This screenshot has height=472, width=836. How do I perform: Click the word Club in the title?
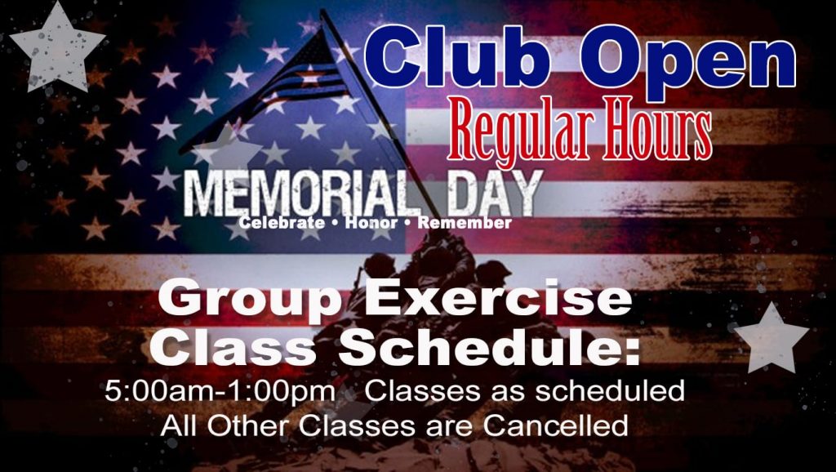click(457, 56)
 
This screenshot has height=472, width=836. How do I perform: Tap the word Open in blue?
click(688, 61)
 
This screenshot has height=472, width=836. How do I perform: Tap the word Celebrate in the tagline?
click(282, 222)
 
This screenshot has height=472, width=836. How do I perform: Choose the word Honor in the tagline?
click(371, 222)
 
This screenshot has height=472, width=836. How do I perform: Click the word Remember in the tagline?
click(465, 222)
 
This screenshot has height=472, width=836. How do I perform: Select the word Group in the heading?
click(249, 301)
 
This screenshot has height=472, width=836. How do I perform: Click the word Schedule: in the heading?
click(489, 347)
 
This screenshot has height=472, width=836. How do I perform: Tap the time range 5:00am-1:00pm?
click(220, 392)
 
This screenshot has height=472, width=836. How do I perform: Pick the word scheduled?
click(609, 391)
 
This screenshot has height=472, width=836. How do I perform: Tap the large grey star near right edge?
click(772, 339)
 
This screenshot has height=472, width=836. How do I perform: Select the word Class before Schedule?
click(233, 347)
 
